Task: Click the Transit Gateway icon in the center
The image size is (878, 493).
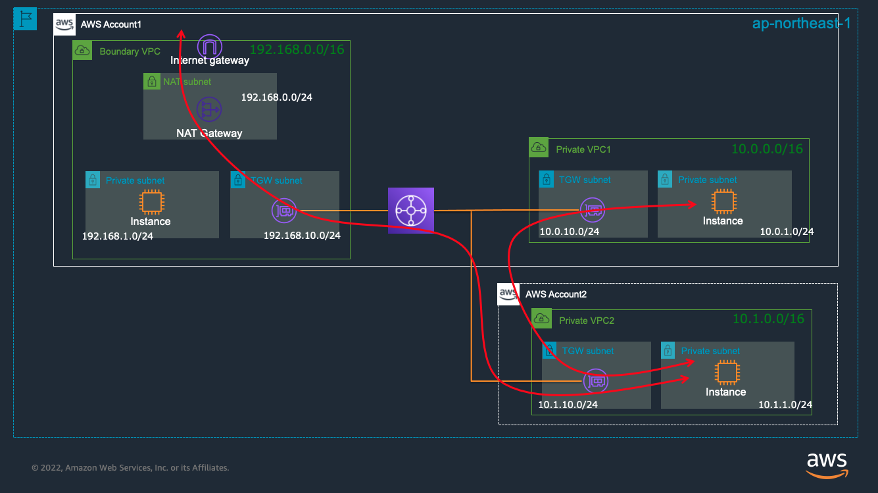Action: tap(411, 211)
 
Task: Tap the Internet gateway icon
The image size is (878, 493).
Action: tap(210, 47)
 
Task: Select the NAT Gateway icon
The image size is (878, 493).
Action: tap(209, 109)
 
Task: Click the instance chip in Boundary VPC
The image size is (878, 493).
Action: tap(152, 202)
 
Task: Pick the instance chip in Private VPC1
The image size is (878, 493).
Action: tap(724, 201)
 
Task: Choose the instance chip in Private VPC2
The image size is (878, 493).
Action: tap(727, 373)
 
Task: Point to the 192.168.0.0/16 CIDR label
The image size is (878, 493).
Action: tap(297, 49)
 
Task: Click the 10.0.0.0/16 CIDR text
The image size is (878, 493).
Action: tap(767, 149)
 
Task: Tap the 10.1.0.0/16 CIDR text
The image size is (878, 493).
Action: tap(768, 319)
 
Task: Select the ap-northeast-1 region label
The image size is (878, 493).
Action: tap(801, 24)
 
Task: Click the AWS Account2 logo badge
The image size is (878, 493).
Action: tap(508, 294)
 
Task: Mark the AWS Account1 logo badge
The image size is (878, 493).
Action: tap(64, 24)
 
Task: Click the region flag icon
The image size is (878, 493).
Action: tap(26, 19)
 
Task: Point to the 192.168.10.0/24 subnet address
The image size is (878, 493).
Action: tap(302, 236)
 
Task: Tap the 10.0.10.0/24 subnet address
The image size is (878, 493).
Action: tap(569, 232)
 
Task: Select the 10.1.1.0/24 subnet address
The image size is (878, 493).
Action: tap(785, 405)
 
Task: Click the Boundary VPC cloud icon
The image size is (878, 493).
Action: tap(82, 50)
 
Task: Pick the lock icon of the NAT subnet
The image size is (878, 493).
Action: tap(152, 82)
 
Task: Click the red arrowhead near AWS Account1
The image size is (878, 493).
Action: tap(181, 34)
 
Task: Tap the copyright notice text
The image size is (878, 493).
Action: tap(130, 467)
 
